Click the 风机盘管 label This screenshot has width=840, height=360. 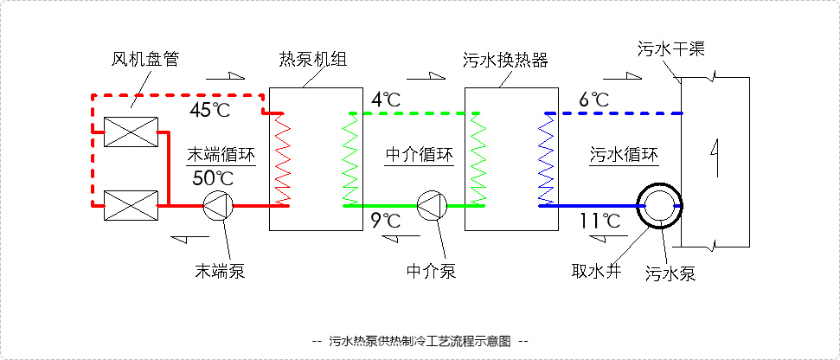click(145, 60)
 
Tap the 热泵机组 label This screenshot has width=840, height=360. click(312, 60)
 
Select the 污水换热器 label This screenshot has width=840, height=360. click(506, 60)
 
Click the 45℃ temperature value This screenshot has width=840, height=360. click(211, 111)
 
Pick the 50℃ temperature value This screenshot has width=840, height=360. click(213, 178)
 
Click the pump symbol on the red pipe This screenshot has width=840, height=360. click(217, 206)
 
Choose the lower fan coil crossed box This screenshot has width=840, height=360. click(131, 207)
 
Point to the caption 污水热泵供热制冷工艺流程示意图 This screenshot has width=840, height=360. click(420, 341)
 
